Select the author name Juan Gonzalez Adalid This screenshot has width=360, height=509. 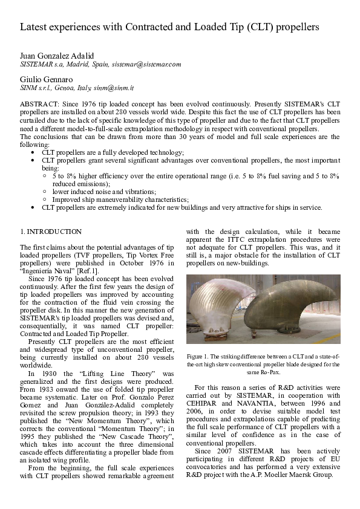click(x=57, y=56)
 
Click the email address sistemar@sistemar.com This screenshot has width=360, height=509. click(x=147, y=63)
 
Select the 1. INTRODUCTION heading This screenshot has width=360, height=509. click(x=51, y=232)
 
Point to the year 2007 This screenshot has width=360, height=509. click(x=228, y=450)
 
